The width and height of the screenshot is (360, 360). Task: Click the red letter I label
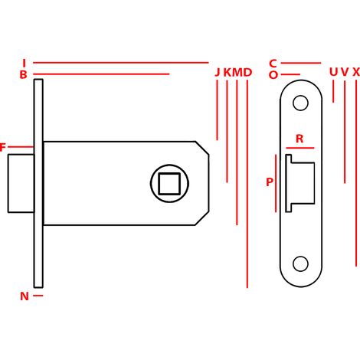point(25,63)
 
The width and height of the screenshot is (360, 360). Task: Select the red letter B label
point(23,74)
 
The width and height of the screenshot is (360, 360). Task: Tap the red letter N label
point(25,296)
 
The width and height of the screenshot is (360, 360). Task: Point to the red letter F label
point(2,147)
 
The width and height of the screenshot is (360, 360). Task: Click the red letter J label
point(218,73)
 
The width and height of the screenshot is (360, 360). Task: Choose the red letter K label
point(227,73)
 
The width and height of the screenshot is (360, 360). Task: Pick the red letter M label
point(237,73)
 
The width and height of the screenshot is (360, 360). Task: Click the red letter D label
point(247,73)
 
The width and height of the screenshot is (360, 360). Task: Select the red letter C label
point(273,64)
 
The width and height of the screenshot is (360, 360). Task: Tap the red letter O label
point(273,75)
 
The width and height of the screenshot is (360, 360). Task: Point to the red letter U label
point(333,72)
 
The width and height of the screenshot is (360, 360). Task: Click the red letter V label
point(345,72)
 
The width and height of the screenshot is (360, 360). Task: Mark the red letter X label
point(356,72)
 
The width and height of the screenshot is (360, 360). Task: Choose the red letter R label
point(299,139)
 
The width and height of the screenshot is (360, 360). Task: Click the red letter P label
point(270,182)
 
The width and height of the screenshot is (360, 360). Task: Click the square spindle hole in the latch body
point(169,184)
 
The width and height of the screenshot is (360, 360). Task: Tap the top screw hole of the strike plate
point(300,103)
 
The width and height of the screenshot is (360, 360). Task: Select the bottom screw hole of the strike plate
point(300,263)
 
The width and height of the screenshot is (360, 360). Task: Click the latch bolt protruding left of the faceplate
point(21,183)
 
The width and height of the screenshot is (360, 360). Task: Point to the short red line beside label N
point(38,296)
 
